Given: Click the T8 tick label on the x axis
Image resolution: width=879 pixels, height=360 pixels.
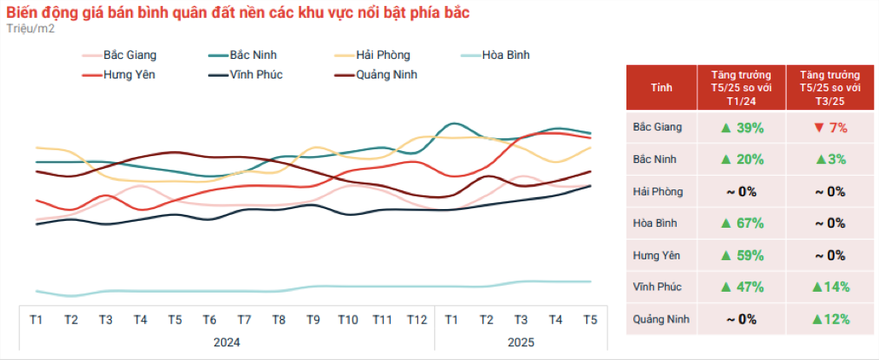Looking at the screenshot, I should pos(278,319).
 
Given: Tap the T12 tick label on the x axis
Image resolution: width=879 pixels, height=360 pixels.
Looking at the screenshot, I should pos(416,319).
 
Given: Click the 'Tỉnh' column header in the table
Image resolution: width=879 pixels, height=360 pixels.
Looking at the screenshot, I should pos(661,87).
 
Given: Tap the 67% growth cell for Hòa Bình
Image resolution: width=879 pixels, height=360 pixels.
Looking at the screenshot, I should pos(741,224).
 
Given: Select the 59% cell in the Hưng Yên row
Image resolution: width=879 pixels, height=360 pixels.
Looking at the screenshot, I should pos(741,255).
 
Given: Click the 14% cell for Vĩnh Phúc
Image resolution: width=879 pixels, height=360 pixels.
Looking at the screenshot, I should pos(830,287).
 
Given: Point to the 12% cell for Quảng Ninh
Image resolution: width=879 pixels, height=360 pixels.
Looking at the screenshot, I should pos(830,319).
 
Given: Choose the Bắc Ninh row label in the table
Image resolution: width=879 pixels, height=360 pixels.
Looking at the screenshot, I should pos(653,160).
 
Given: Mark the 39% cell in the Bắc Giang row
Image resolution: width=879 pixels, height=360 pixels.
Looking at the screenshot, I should pos(741,128).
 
